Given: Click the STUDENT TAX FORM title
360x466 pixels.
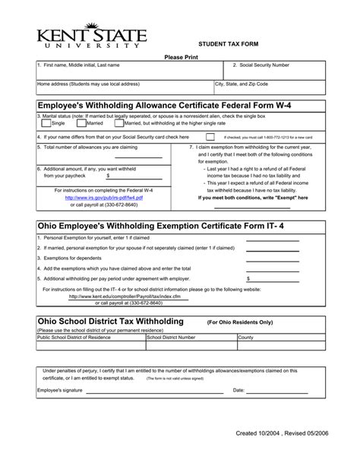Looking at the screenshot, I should click(x=229, y=46).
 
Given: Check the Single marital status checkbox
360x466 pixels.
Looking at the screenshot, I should click(x=46, y=122).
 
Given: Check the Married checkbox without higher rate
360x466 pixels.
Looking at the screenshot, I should click(x=82, y=122).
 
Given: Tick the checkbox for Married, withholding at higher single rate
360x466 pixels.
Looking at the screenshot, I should click(x=118, y=122).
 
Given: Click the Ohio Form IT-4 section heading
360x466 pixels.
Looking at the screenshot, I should click(x=161, y=226).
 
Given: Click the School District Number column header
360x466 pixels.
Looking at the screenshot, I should click(x=171, y=337).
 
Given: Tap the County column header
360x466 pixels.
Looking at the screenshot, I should click(x=246, y=337).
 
